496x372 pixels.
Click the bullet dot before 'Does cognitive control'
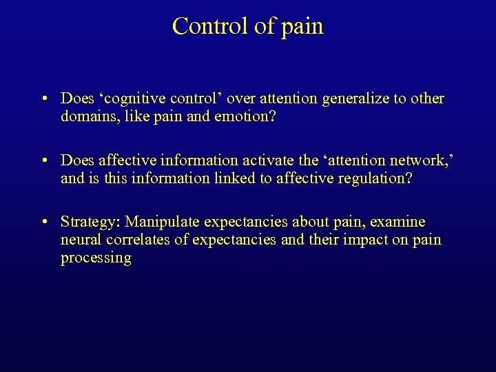coord(43,99)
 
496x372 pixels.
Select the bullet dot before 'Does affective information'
coord(43,161)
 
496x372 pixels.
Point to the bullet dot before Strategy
coord(43,223)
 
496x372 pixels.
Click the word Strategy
coord(90,223)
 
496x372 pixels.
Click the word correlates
coord(144,240)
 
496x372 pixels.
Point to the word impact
coord(347,240)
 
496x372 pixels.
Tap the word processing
coord(96,258)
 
